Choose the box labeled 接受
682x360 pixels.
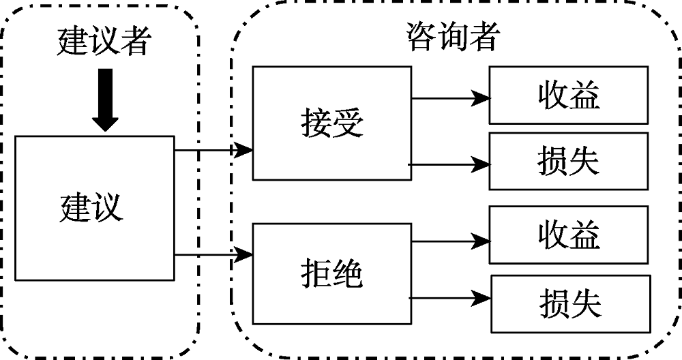332,123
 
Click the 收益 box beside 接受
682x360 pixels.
568,96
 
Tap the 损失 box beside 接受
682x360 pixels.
568,160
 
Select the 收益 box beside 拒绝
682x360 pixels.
568,236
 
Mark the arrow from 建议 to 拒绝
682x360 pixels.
214,255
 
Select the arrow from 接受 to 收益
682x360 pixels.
450,97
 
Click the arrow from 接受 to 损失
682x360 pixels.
450,164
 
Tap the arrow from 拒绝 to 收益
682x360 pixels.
450,240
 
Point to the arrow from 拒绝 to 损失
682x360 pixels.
450,297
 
